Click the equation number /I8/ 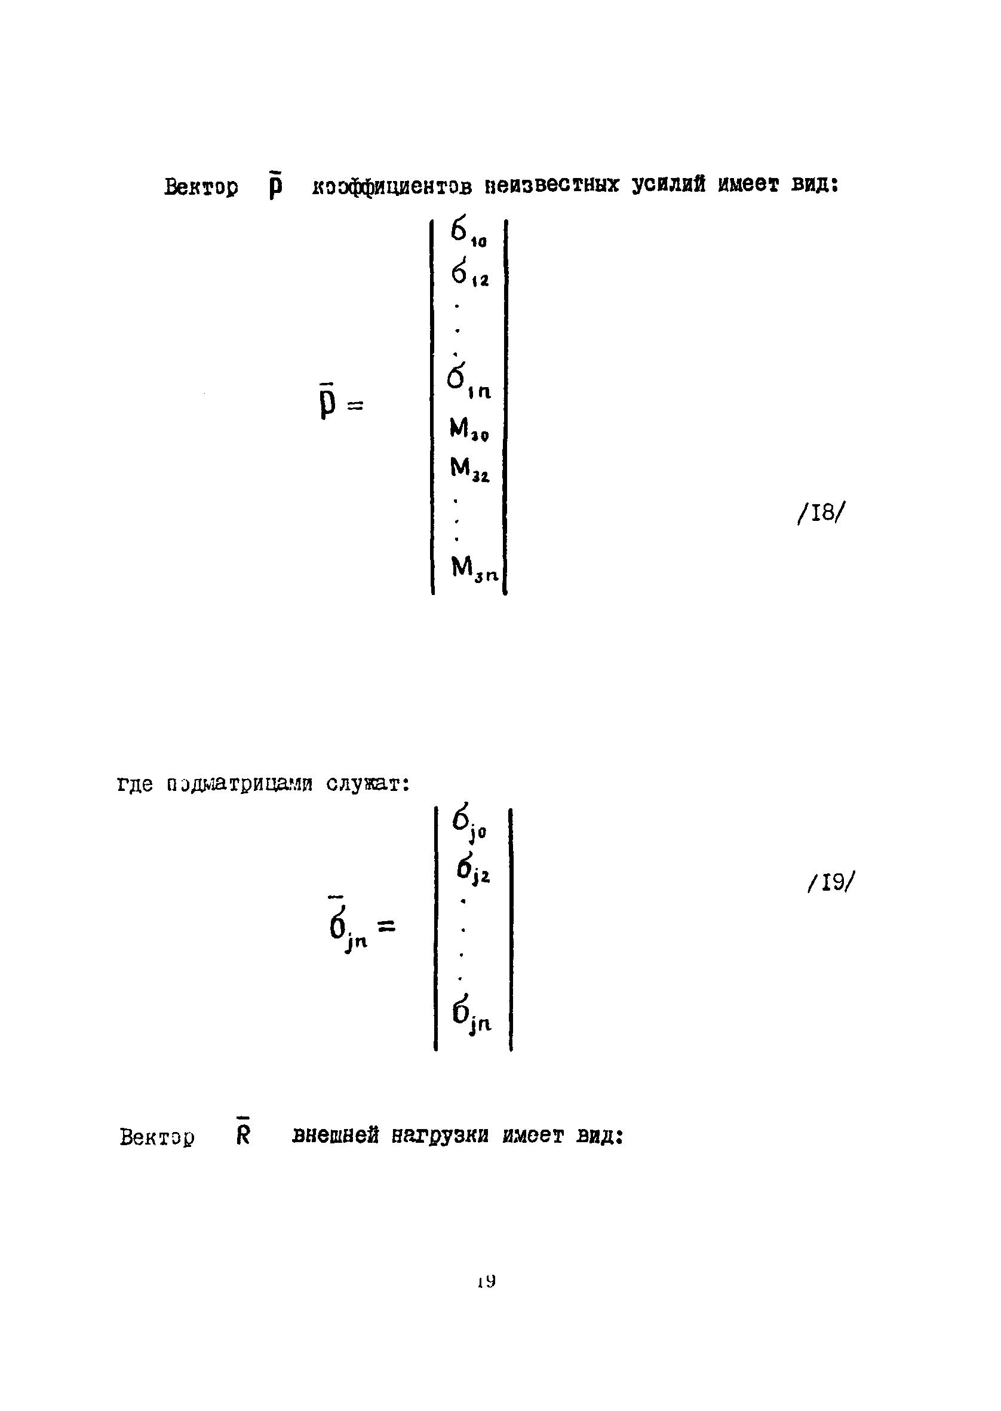pyautogui.click(x=820, y=513)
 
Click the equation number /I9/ pyautogui.click(x=831, y=883)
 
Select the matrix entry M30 pyautogui.click(x=469, y=429)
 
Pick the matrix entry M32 pyautogui.click(x=469, y=470)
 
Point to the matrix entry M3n pyautogui.click(x=474, y=568)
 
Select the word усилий pyautogui.click(x=668, y=185)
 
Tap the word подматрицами pyautogui.click(x=239, y=784)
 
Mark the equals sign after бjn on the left pyautogui.click(x=386, y=926)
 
